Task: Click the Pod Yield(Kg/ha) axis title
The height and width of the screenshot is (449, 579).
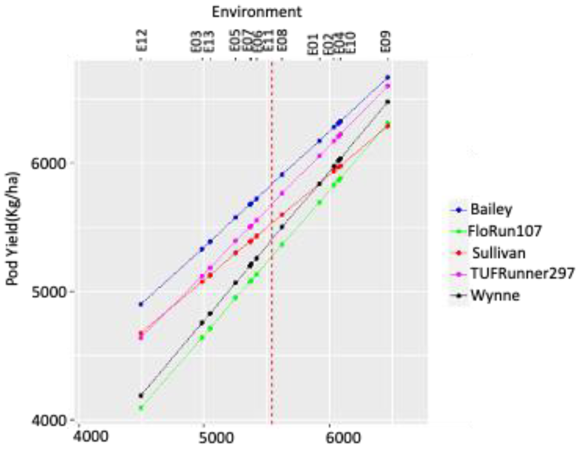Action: [x=13, y=228]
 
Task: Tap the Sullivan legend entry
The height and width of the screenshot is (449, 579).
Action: [x=498, y=253]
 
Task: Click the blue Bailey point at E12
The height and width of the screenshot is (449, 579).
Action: [x=141, y=304]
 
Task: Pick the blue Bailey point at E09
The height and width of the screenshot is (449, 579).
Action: [x=388, y=77]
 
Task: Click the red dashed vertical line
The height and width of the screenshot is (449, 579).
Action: [x=271, y=238]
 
